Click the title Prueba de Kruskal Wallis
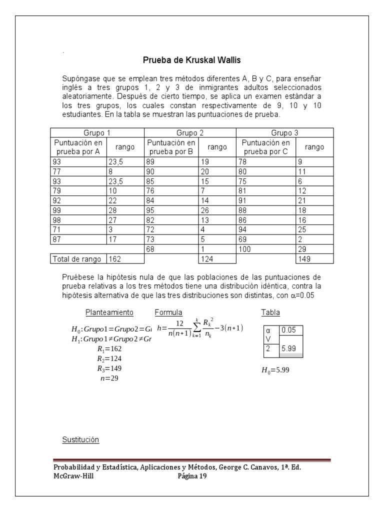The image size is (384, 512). point(192,60)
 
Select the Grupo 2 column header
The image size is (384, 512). point(189,133)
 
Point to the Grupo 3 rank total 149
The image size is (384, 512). point(304,258)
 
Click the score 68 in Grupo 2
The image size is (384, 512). point(150,248)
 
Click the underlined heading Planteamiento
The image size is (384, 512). point(109,312)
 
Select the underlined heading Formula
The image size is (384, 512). point(168,312)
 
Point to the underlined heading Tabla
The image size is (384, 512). point(270,312)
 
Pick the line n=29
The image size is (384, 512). point(110,378)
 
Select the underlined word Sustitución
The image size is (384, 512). point(80,440)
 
